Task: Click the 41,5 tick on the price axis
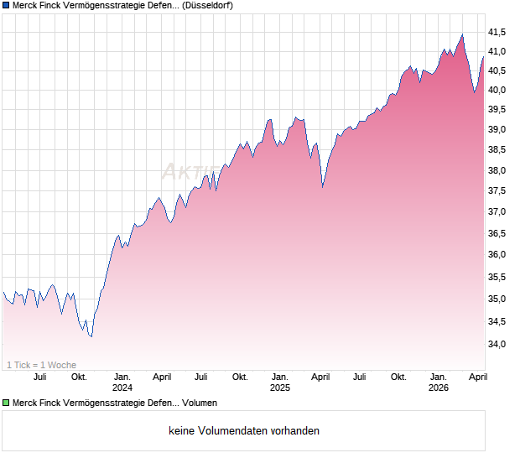point(497,32)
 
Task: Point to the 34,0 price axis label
point(497,344)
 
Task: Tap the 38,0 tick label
point(497,170)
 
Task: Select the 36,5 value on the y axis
point(497,234)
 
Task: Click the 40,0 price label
point(497,90)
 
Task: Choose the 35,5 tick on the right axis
point(497,277)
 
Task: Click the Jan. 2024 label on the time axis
point(122,382)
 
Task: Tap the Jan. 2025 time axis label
point(279,382)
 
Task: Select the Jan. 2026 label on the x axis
point(438,382)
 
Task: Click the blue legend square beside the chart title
point(7,6)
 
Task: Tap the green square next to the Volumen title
point(7,403)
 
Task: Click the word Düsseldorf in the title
point(207,6)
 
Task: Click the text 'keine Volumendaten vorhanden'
point(243,431)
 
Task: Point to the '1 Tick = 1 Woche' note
point(42,365)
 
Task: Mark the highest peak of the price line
point(461,34)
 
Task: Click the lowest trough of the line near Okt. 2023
point(91,336)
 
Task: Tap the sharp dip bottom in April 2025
point(323,187)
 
